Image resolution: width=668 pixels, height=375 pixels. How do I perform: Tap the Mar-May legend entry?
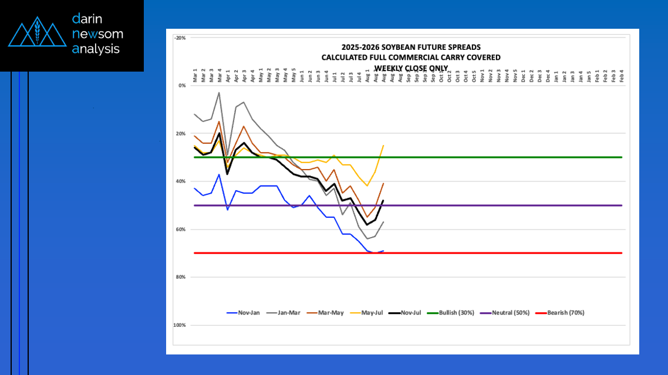[x=329, y=313]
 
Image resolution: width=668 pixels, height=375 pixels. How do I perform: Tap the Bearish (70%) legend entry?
[x=565, y=313]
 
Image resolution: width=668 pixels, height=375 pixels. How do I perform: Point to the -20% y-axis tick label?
[x=180, y=38]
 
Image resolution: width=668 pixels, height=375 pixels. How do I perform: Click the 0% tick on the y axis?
[x=181, y=86]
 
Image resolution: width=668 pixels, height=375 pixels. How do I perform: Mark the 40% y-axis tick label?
[x=180, y=181]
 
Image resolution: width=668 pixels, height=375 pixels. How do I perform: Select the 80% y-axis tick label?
[x=180, y=277]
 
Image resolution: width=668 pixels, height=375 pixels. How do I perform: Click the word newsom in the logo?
[x=97, y=34]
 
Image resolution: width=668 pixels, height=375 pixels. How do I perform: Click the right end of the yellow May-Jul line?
[x=383, y=146]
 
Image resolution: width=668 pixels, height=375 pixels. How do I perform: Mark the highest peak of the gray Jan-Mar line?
[x=220, y=92]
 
